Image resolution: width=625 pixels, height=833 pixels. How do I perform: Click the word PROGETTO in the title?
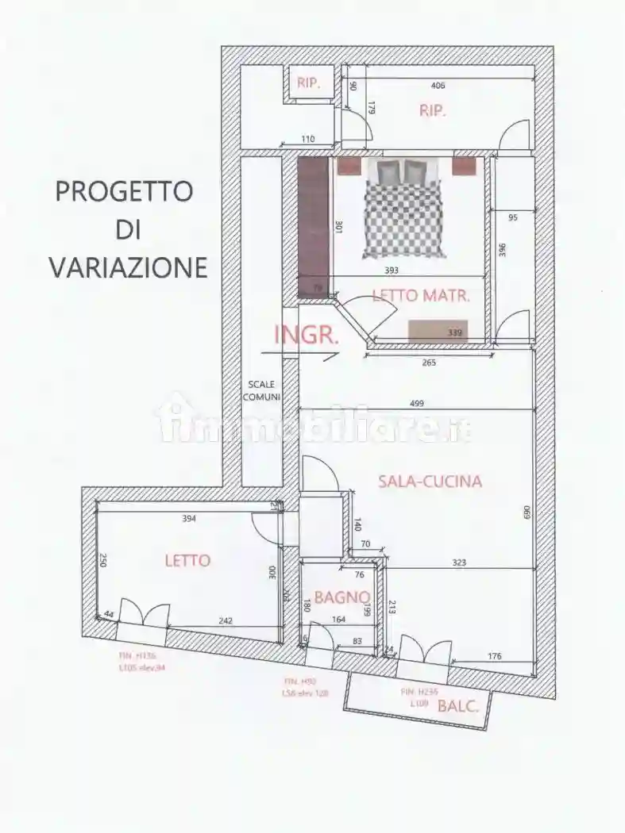click(124, 191)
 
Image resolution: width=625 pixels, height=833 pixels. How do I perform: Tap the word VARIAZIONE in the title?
click(128, 267)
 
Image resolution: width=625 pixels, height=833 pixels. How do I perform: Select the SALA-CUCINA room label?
click(430, 481)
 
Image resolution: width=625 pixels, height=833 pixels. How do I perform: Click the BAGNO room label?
click(341, 597)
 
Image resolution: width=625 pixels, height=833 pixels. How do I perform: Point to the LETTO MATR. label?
click(421, 296)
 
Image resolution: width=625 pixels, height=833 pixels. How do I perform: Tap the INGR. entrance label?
click(307, 335)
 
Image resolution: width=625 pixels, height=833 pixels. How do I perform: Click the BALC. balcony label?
click(458, 707)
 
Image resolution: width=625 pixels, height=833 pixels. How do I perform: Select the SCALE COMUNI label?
click(261, 390)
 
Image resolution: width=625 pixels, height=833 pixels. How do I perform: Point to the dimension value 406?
click(438, 86)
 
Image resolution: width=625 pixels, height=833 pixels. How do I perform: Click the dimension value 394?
click(188, 519)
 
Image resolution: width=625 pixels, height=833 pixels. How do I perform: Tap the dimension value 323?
click(459, 562)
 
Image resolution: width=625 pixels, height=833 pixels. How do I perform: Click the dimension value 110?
click(307, 140)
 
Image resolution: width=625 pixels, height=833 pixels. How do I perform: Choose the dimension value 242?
click(225, 621)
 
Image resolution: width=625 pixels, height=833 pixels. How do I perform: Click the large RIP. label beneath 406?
click(433, 111)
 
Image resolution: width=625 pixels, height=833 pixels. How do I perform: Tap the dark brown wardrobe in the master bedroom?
click(313, 226)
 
